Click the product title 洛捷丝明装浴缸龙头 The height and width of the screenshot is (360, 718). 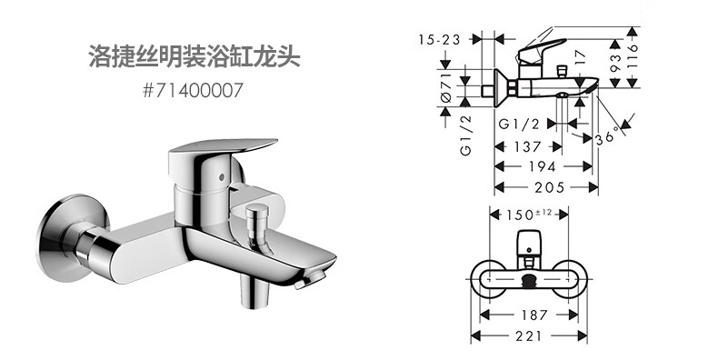pyautogui.click(x=194, y=56)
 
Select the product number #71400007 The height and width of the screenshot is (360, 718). pyautogui.click(x=193, y=91)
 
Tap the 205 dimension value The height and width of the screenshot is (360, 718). pyautogui.click(x=546, y=187)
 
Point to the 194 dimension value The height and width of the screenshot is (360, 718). pyautogui.click(x=543, y=166)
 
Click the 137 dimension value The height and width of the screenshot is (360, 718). pyautogui.click(x=527, y=146)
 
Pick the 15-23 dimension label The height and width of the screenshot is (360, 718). pyautogui.click(x=439, y=39)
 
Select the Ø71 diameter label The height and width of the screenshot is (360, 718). pyautogui.click(x=446, y=86)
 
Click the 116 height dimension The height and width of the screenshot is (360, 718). pyautogui.click(x=633, y=56)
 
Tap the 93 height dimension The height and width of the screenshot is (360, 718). pyautogui.click(x=616, y=64)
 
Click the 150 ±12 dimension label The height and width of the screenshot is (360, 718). pyautogui.click(x=528, y=214)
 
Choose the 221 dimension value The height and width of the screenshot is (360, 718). pyautogui.click(x=528, y=335)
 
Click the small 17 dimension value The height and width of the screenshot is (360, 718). pyautogui.click(x=580, y=56)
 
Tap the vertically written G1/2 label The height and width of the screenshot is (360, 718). pyautogui.click(x=466, y=135)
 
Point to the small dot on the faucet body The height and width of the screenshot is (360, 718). pyautogui.click(x=222, y=177)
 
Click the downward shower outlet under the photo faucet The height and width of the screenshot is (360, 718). pyautogui.click(x=255, y=292)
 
